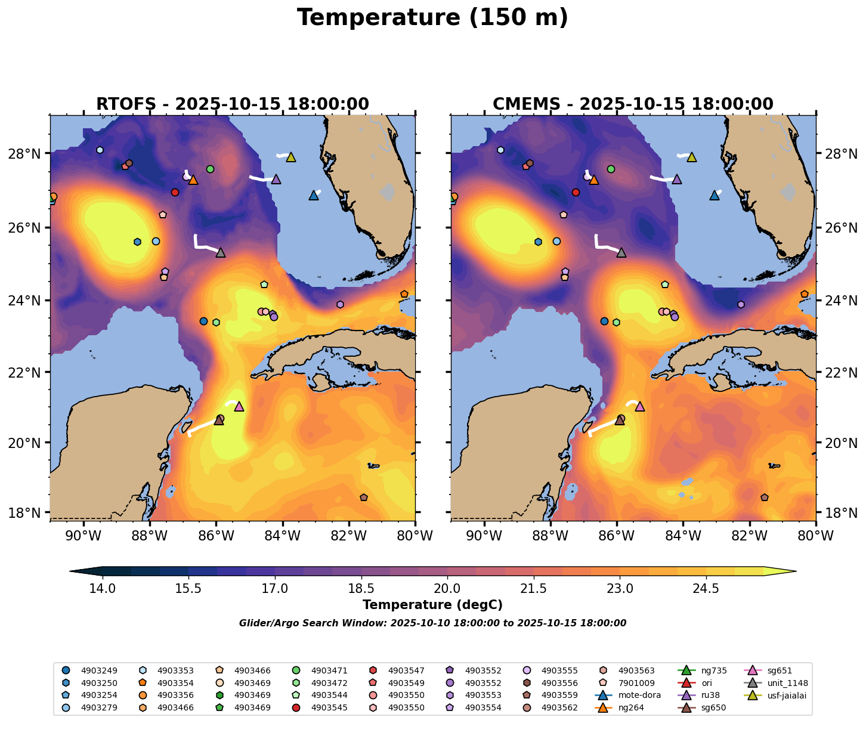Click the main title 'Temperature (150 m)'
[x=432, y=18]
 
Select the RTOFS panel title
[x=233, y=104]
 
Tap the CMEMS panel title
[x=633, y=104]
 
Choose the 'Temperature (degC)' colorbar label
[x=432, y=605]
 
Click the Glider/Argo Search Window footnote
[x=432, y=623]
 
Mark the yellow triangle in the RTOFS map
[x=291, y=157]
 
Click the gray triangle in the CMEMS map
[x=621, y=252]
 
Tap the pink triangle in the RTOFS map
[x=239, y=406]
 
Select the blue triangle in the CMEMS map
[x=715, y=195]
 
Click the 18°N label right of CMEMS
[x=839, y=513]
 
